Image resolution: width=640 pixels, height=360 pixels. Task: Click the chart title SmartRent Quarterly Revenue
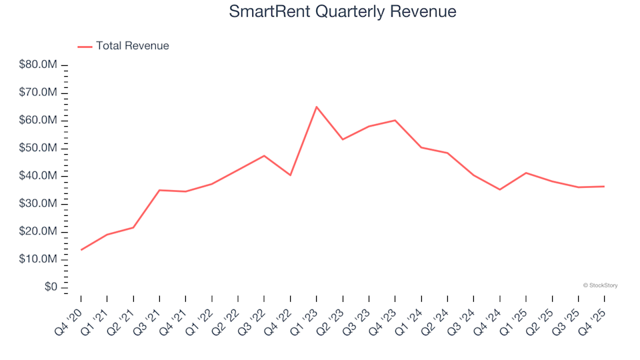click(x=342, y=12)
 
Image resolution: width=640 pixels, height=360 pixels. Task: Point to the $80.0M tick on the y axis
click(x=39, y=65)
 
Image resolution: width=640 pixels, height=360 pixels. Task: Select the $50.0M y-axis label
click(x=39, y=148)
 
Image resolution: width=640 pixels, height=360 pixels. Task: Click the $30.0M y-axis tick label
click(x=39, y=203)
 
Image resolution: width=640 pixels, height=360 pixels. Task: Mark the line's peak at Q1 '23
click(x=317, y=107)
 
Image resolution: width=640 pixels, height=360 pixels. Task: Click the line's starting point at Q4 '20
click(x=81, y=250)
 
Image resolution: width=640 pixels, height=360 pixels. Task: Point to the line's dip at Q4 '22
click(x=291, y=175)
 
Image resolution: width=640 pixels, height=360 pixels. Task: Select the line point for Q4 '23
click(x=395, y=120)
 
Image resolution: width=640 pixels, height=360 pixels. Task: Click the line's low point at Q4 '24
click(x=500, y=190)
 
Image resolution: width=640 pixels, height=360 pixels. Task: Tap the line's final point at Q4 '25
click(x=604, y=187)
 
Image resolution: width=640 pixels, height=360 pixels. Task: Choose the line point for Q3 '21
click(x=159, y=190)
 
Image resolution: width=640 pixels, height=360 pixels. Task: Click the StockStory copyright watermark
click(x=600, y=285)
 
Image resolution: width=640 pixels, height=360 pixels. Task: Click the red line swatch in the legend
click(x=85, y=47)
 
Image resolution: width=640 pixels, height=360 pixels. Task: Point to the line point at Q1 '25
click(x=526, y=173)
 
